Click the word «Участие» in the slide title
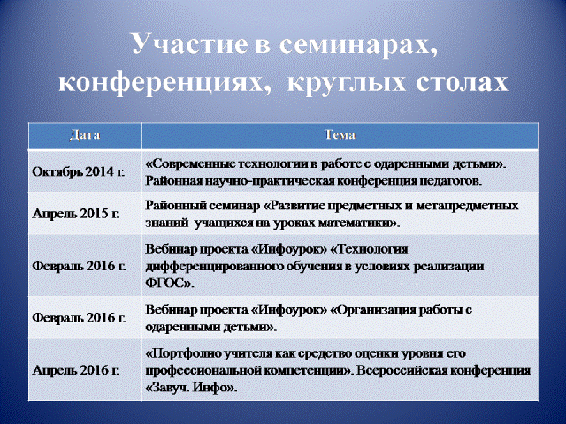point(190,43)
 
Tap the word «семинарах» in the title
point(356,44)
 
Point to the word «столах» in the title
point(462,83)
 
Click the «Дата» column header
point(85,135)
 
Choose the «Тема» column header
point(340,135)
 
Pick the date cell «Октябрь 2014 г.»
point(79,171)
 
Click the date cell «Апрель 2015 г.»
point(76,214)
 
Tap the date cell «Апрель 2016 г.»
point(76,370)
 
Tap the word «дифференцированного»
point(215,267)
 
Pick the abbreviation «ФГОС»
point(169,284)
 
